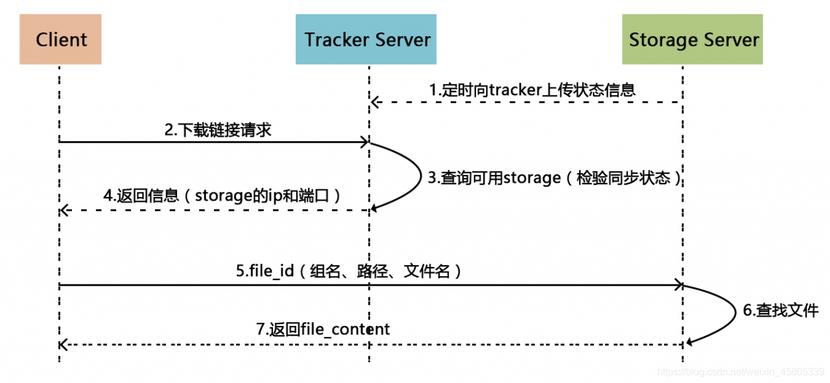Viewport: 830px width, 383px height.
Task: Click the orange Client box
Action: click(x=60, y=40)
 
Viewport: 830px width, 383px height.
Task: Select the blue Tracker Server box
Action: click(x=367, y=40)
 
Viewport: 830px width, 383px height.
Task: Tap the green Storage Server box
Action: click(x=693, y=40)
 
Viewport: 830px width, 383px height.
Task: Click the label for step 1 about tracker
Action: click(x=532, y=90)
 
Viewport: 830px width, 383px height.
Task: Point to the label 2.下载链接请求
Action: click(x=218, y=130)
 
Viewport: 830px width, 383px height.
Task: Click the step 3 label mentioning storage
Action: click(x=555, y=178)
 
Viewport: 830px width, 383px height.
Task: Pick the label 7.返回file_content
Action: click(x=323, y=329)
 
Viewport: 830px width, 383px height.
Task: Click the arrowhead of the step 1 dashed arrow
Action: click(x=374, y=102)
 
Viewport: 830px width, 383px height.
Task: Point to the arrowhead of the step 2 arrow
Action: click(x=365, y=142)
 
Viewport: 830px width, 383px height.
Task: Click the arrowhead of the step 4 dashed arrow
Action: click(x=63, y=210)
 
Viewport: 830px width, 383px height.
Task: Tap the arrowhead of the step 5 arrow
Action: click(x=678, y=284)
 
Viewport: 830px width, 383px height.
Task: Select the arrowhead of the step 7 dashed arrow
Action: click(x=63, y=344)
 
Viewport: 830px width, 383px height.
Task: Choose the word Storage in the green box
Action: click(x=661, y=40)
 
